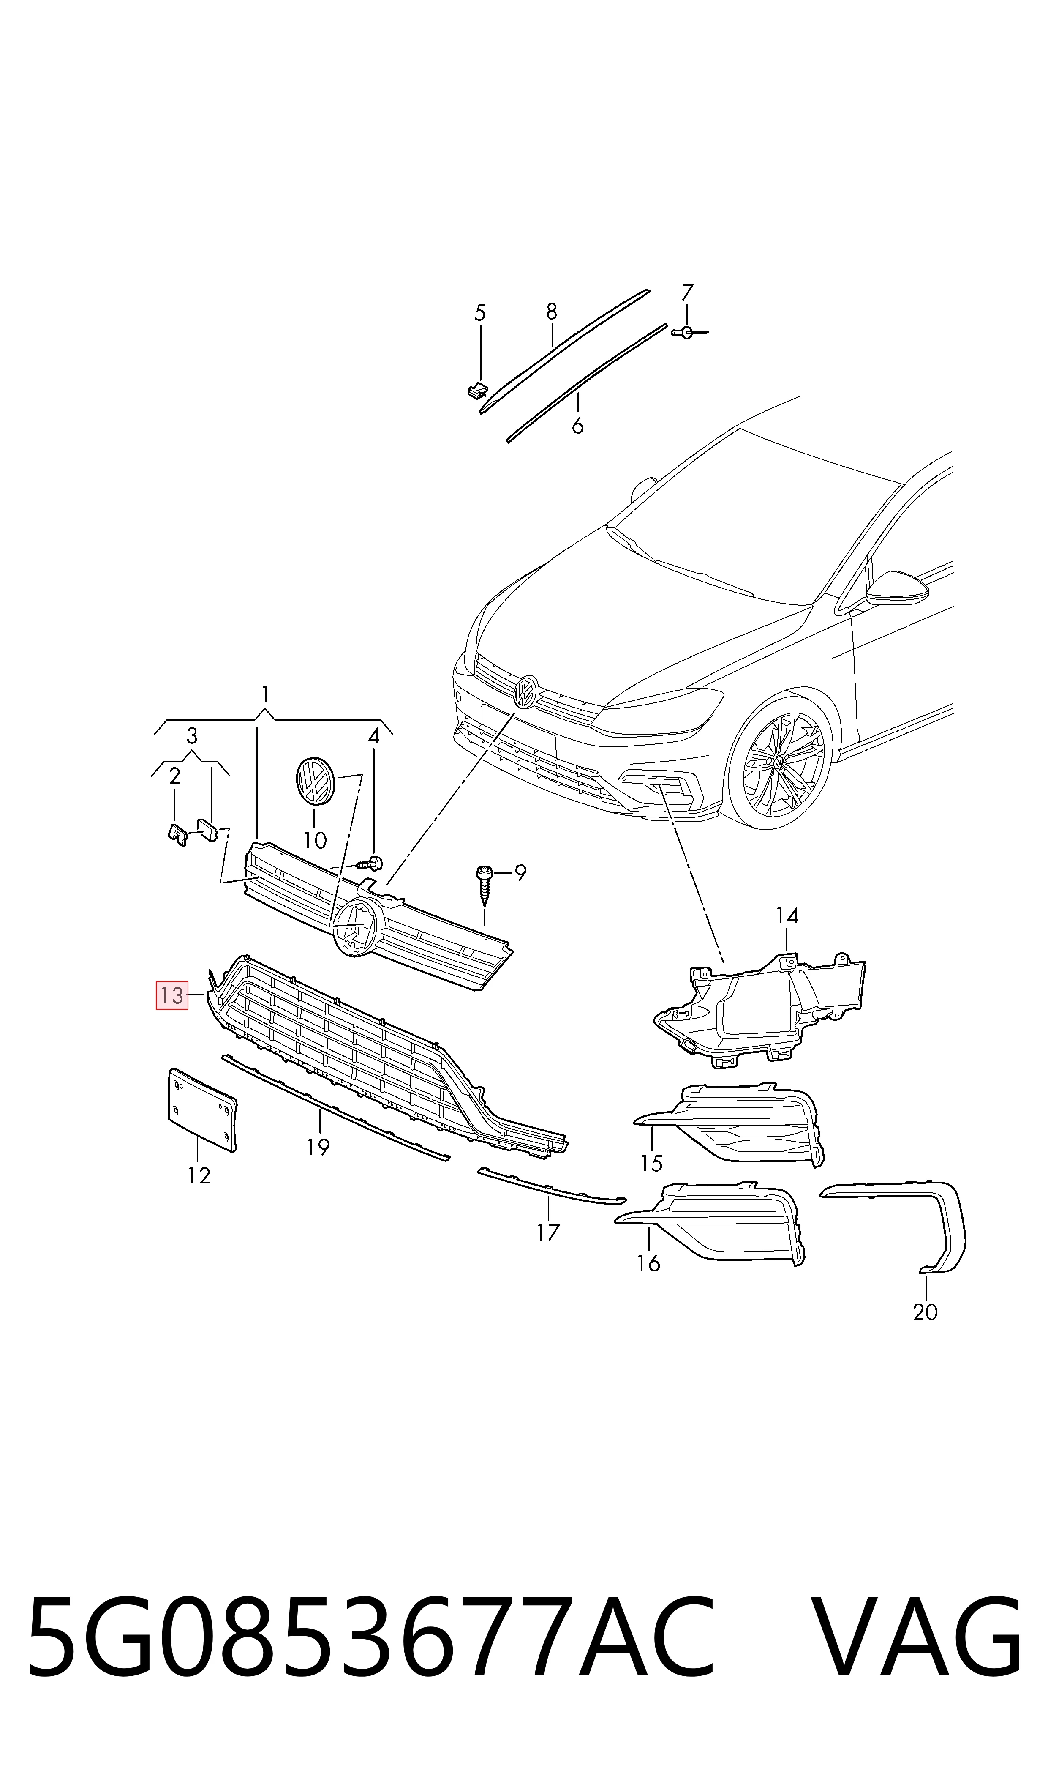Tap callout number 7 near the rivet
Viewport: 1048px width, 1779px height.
click(x=687, y=291)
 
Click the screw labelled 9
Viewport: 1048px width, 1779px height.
click(x=485, y=885)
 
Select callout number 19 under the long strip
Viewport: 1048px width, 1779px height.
click(x=318, y=1148)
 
